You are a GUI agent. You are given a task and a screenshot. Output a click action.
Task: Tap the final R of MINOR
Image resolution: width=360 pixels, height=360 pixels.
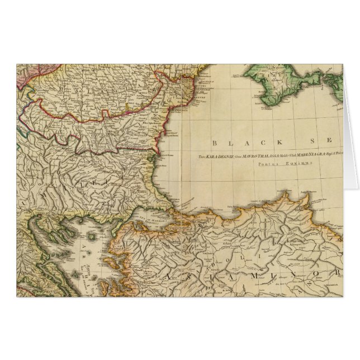click(x=338, y=273)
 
